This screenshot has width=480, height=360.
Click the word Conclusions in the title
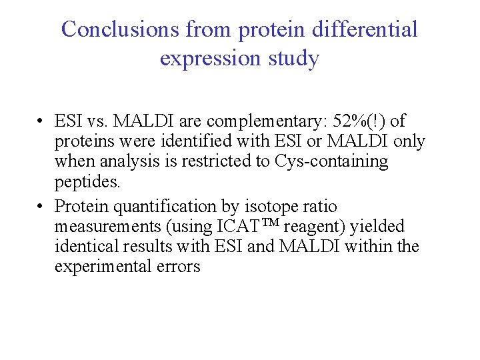[121, 29]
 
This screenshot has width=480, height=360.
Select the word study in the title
[294, 59]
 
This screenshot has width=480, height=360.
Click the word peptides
[87, 181]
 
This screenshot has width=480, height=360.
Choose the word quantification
[177, 207]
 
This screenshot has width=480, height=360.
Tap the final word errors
[180, 267]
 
